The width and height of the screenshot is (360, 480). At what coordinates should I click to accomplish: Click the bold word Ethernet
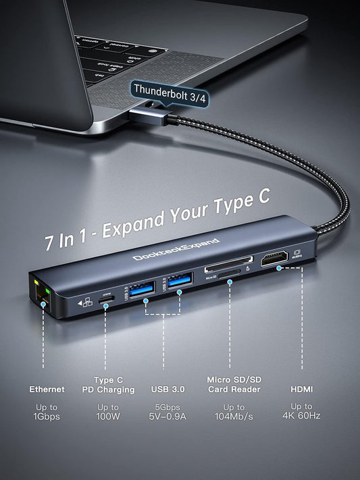(47, 390)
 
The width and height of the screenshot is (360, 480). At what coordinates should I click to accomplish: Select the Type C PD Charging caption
(108, 385)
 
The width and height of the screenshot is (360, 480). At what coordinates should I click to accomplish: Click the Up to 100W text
(108, 412)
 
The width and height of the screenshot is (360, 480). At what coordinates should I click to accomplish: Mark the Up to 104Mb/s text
(234, 412)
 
